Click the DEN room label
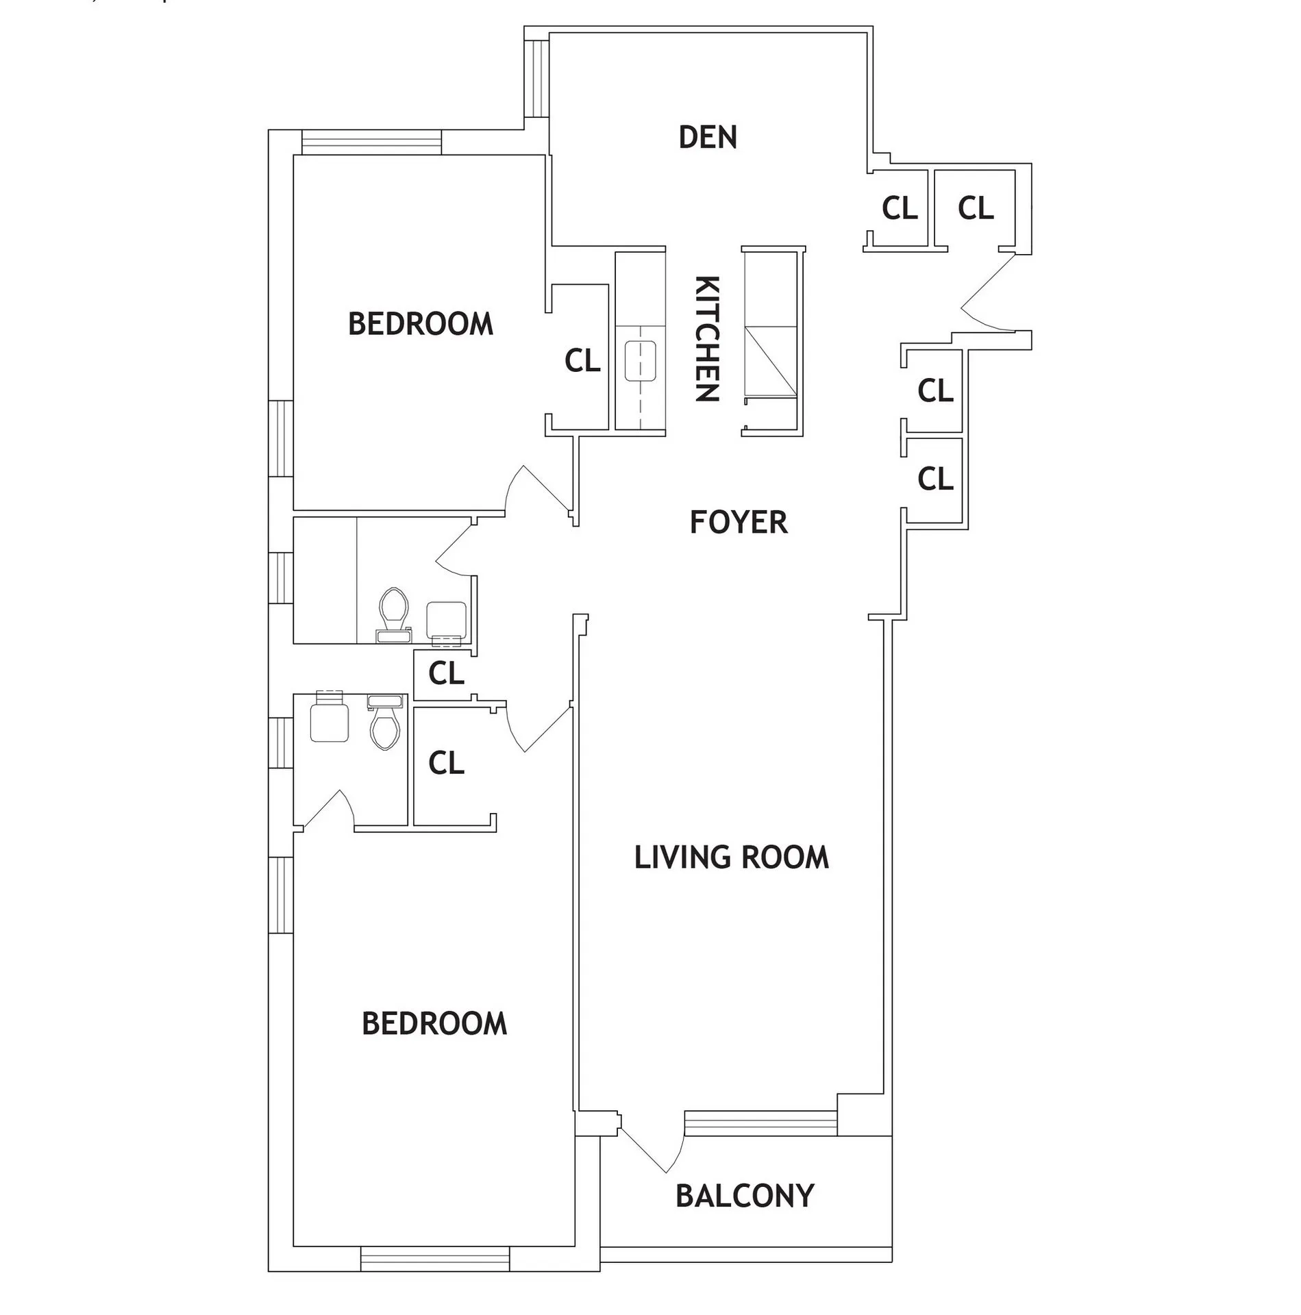[708, 137]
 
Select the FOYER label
[738, 522]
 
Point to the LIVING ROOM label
[731, 857]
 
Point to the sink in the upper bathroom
[446, 621]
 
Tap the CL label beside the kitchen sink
[582, 360]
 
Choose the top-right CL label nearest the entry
[976, 208]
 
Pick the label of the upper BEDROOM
[421, 323]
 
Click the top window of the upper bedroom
[372, 142]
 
